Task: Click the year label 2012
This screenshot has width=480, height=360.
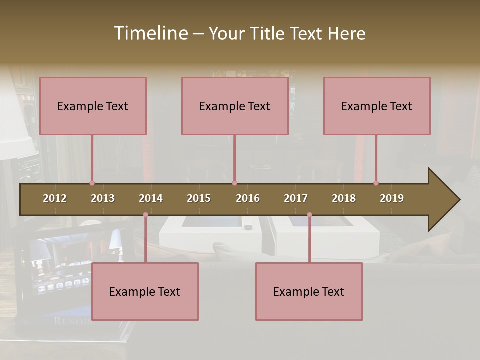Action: click(x=55, y=198)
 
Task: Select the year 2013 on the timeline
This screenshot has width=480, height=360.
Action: click(x=103, y=198)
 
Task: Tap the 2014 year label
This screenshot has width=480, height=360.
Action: click(x=151, y=198)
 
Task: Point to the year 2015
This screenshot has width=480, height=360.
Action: click(x=199, y=198)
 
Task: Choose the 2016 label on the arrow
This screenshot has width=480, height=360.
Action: click(x=248, y=198)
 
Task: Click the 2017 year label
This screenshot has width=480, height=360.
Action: click(x=296, y=198)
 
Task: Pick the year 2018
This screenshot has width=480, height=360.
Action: click(x=344, y=198)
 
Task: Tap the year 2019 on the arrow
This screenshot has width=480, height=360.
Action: click(x=392, y=198)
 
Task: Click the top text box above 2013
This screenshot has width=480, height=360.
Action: click(x=93, y=106)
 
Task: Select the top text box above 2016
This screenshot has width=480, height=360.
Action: click(x=235, y=106)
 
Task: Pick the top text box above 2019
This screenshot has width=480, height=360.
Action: click(x=377, y=106)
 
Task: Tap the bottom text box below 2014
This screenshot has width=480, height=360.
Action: click(x=145, y=291)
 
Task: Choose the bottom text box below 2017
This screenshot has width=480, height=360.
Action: click(x=309, y=291)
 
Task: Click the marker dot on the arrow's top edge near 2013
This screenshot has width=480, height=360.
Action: click(x=92, y=183)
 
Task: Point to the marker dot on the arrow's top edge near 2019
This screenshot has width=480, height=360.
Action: click(x=376, y=183)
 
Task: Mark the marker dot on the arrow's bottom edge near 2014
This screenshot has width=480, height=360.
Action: click(x=145, y=215)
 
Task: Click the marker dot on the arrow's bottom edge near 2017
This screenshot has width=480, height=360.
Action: click(x=309, y=215)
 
